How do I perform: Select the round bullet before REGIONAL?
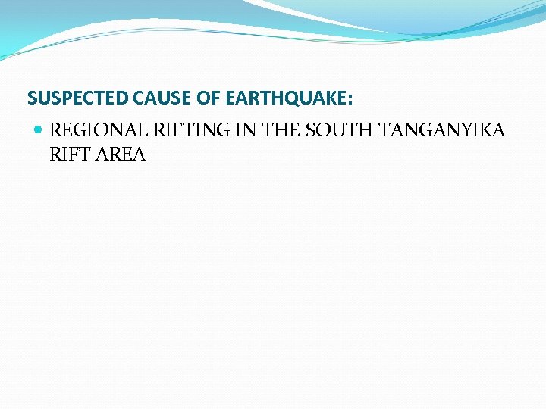point(39,130)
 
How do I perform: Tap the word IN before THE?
point(246,130)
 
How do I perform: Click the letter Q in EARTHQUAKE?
point(297,98)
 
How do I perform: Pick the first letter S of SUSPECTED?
point(32,98)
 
